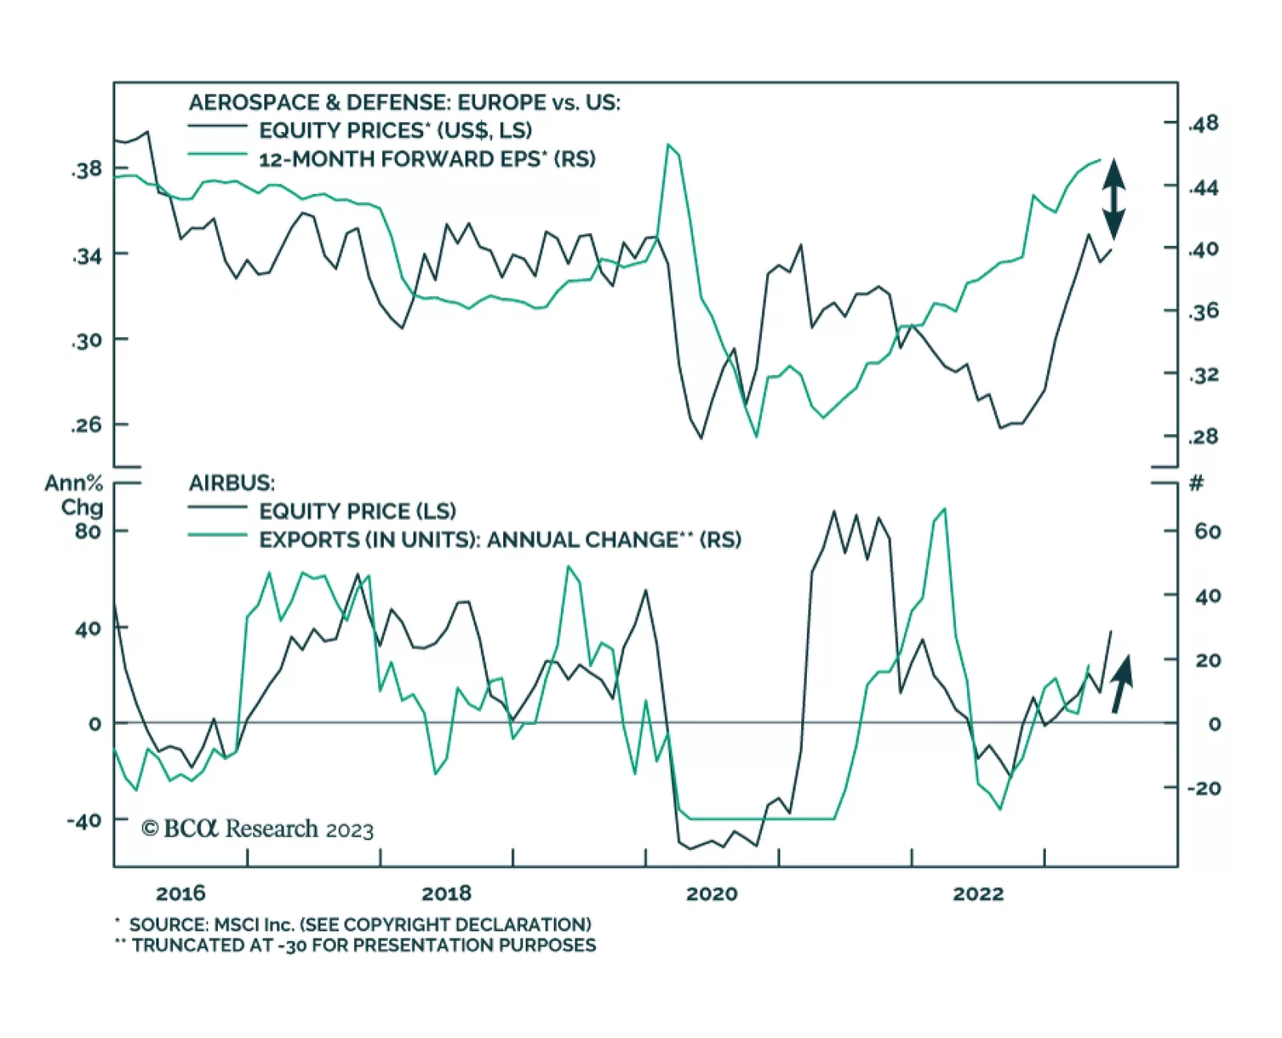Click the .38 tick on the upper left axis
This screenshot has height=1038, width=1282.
click(x=87, y=170)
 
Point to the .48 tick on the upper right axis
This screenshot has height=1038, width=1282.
click(x=1203, y=123)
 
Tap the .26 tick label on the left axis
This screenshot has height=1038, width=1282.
click(x=87, y=425)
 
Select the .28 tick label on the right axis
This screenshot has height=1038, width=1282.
click(x=1203, y=437)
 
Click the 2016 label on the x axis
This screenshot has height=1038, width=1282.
click(x=180, y=894)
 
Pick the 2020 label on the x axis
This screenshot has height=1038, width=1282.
click(x=712, y=894)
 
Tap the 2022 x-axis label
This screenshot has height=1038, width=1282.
click(x=978, y=894)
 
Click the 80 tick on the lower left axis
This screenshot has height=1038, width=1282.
click(x=88, y=532)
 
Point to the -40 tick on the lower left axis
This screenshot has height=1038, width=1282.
click(x=84, y=821)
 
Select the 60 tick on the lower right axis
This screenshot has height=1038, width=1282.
click(x=1207, y=532)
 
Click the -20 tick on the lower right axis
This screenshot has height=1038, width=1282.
click(x=1203, y=788)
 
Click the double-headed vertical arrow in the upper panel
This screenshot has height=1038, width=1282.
click(x=1113, y=199)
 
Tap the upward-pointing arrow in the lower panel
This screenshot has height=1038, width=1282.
click(x=1121, y=683)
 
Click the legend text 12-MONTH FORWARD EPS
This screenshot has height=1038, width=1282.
click(x=427, y=159)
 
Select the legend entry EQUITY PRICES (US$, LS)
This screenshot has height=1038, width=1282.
click(x=395, y=131)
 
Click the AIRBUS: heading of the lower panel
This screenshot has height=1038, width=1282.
click(x=232, y=483)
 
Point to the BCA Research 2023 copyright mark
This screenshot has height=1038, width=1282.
click(x=257, y=829)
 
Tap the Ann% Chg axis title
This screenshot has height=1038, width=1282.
click(x=75, y=495)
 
